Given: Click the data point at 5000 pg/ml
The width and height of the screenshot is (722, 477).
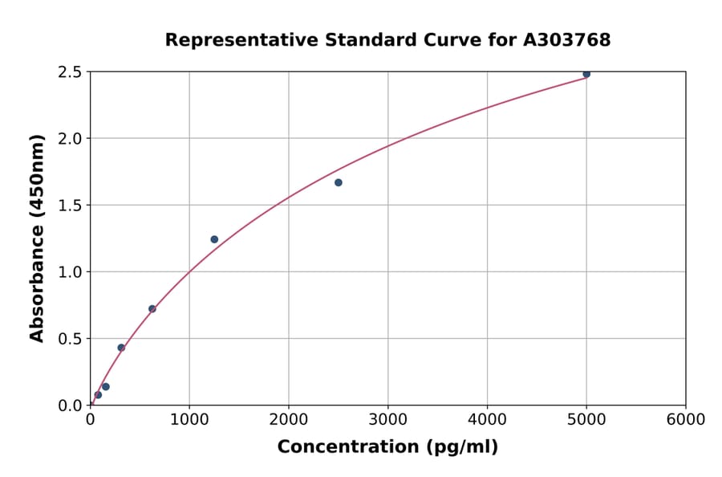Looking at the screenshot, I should [x=586, y=74].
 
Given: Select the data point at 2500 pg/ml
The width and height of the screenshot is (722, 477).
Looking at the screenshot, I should [x=339, y=182].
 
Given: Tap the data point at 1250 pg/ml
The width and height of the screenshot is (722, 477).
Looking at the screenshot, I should [x=214, y=239].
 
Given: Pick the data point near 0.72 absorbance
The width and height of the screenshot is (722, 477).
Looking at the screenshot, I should [x=152, y=308].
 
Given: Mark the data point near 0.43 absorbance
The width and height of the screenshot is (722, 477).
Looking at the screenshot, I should [x=121, y=348].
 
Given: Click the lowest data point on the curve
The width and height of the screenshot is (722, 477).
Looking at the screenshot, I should [x=98, y=395].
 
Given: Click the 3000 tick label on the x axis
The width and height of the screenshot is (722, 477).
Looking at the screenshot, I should [x=387, y=420].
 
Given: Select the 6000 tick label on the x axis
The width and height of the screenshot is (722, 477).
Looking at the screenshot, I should [x=686, y=420].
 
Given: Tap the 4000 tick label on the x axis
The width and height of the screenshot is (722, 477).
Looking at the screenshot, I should [x=487, y=420].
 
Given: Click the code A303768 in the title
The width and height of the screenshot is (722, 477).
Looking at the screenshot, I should [x=566, y=39].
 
